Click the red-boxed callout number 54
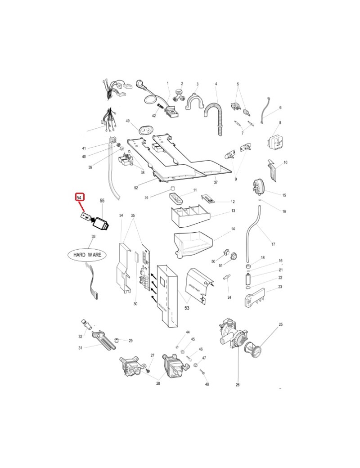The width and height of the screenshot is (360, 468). click(x=79, y=198)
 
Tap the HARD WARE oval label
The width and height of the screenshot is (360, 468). click(x=87, y=255)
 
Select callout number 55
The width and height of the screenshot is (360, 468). click(x=102, y=200)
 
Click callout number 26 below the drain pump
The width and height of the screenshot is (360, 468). click(x=237, y=385)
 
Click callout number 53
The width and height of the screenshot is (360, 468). click(x=186, y=308)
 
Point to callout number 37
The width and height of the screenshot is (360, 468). click(x=216, y=182)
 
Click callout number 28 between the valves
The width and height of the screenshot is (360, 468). click(x=158, y=383)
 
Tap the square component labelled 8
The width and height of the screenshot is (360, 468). click(x=275, y=141)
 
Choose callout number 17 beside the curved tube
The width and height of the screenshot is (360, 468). click(x=273, y=244)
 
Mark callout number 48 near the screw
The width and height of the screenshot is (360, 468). click(x=207, y=384)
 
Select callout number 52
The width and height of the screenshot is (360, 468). click(x=136, y=187)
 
